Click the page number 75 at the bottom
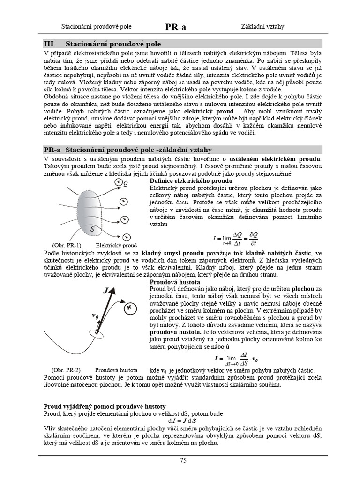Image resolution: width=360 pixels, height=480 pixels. tap(183, 460)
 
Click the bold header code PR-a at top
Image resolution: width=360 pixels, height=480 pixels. tap(176, 27)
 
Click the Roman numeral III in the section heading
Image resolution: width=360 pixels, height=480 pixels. tap(49, 44)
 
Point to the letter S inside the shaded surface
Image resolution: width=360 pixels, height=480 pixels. tap(92, 229)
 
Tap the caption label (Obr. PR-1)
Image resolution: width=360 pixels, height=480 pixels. tap(66, 245)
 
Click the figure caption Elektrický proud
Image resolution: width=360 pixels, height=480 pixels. tap(116, 245)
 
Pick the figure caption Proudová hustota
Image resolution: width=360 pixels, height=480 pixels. tap(116, 370)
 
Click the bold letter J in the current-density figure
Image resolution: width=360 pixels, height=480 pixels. tap(106, 291)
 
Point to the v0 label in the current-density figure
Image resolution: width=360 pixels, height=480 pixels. tap(95, 317)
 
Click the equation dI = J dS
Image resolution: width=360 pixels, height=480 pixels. tap(182, 421)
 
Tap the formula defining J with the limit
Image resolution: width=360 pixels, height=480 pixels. tap(236, 359)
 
